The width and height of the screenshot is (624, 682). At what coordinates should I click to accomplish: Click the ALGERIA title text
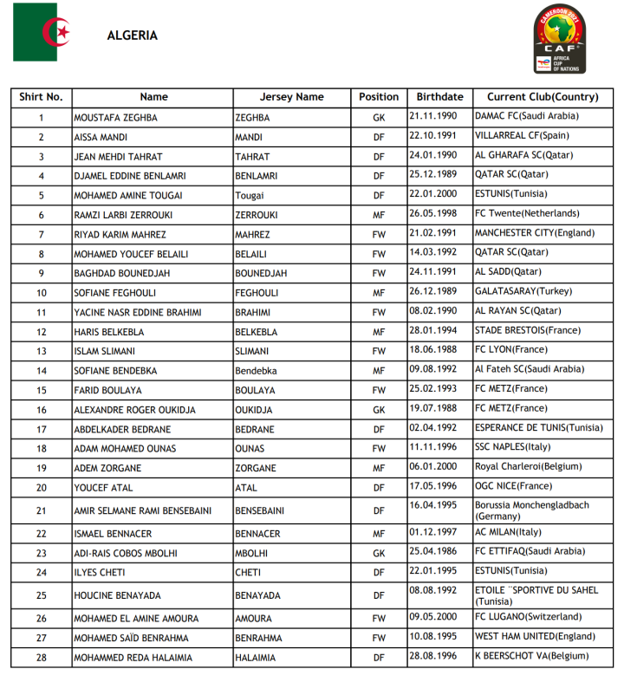pyautogui.click(x=132, y=36)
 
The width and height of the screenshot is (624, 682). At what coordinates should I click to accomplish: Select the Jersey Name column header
pyautogui.click(x=291, y=97)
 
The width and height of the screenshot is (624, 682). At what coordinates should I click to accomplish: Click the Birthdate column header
pyautogui.click(x=439, y=97)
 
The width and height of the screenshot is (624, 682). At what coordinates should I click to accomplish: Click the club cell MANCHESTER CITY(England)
pyautogui.click(x=535, y=233)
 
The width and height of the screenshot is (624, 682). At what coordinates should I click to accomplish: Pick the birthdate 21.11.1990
pyautogui.click(x=432, y=115)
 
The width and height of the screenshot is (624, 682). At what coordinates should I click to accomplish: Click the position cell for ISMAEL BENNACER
pyautogui.click(x=379, y=534)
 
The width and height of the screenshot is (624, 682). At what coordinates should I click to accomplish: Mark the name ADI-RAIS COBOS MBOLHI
pyautogui.click(x=127, y=553)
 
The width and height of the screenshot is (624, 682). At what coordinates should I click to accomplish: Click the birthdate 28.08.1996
pyautogui.click(x=432, y=656)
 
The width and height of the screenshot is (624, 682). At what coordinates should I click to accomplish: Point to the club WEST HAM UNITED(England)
pyautogui.click(x=535, y=636)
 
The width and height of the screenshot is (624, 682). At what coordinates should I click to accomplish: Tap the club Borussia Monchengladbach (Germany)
pyautogui.click(x=531, y=510)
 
